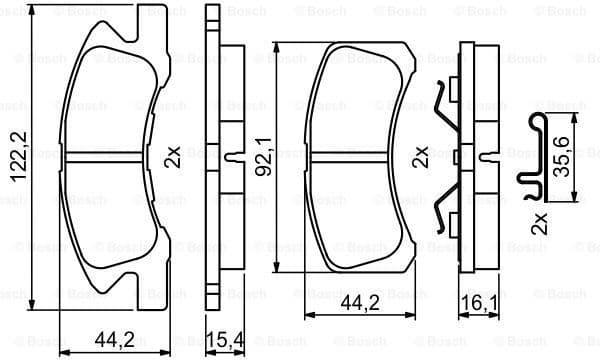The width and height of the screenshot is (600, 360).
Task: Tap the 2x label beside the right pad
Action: (x=421, y=157)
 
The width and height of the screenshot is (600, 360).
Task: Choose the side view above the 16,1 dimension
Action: (x=475, y=155)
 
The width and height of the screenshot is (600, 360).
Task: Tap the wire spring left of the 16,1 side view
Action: (x=445, y=160)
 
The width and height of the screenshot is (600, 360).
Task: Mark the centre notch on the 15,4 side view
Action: (x=233, y=155)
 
